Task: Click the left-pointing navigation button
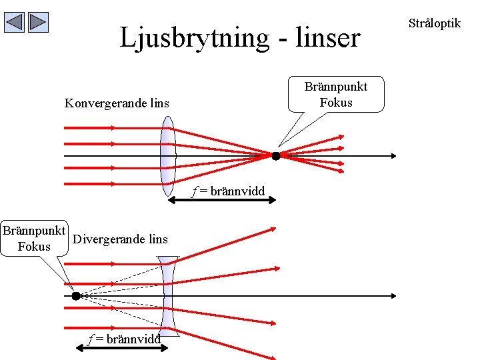[x=15, y=23]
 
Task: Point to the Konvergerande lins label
[x=117, y=103]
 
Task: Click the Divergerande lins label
[x=120, y=239]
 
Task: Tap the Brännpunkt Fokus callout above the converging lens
[x=336, y=94]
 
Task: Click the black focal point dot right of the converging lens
[x=275, y=156]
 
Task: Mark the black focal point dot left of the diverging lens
[x=76, y=295]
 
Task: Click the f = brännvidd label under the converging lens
[x=229, y=192]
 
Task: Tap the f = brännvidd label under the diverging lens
[x=125, y=339]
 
